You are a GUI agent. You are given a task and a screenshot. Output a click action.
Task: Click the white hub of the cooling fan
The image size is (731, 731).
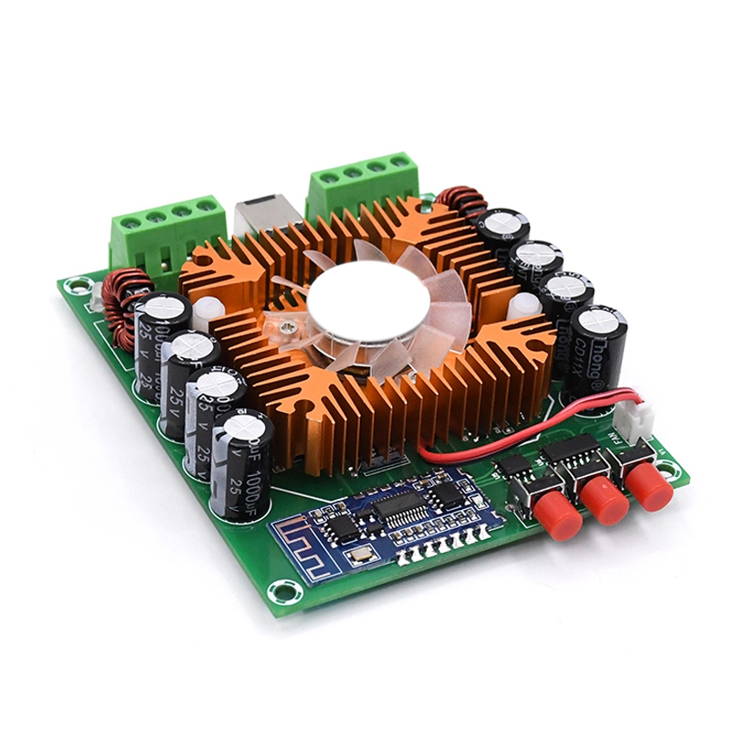[368, 301]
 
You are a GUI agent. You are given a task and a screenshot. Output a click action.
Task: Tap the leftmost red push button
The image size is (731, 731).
[557, 516]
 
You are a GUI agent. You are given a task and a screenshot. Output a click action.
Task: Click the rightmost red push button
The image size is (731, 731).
[651, 485]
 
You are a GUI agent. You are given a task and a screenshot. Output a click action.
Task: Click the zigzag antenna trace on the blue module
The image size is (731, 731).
[305, 546]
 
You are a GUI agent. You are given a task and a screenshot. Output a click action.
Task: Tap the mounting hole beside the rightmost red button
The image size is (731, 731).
[674, 471]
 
